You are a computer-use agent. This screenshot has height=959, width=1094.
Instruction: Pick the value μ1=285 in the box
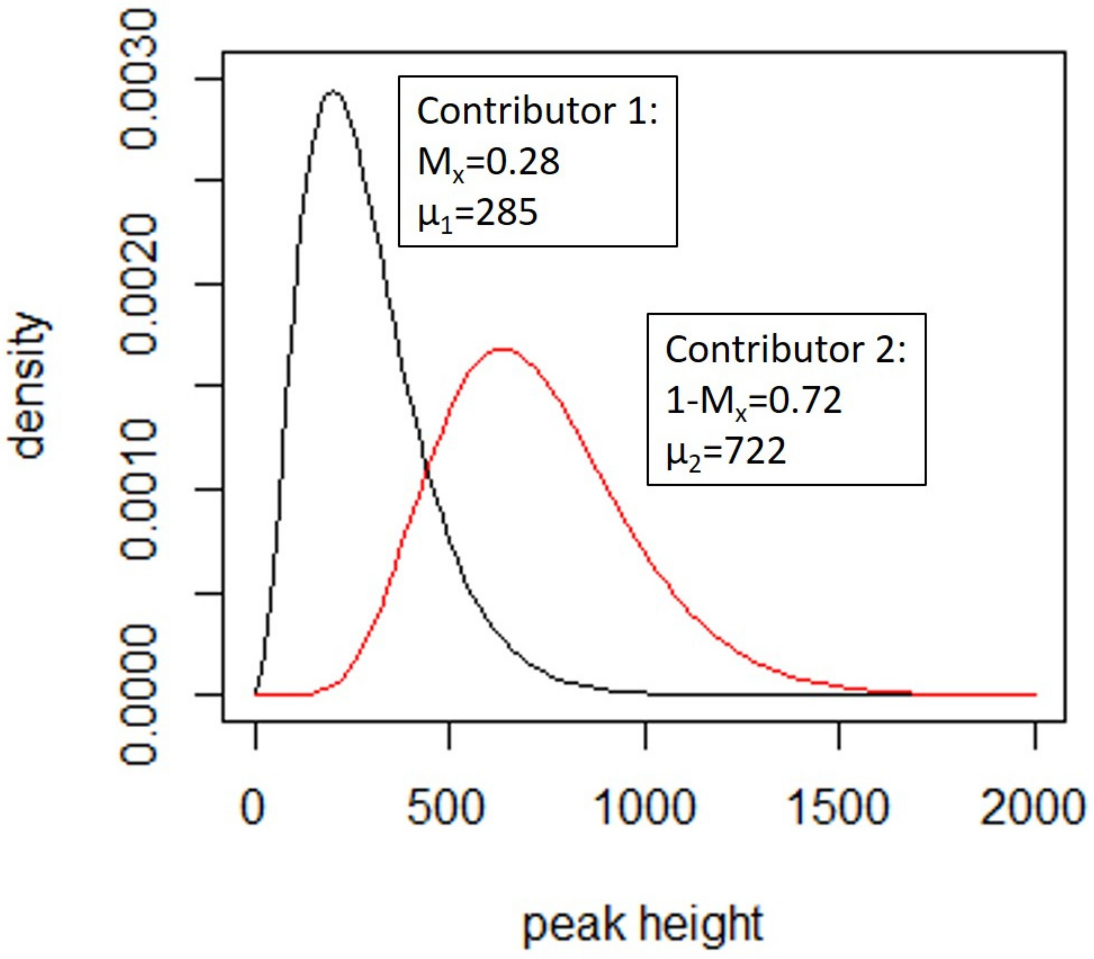click(477, 213)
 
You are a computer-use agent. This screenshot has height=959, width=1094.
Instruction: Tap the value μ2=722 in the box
click(726, 451)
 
